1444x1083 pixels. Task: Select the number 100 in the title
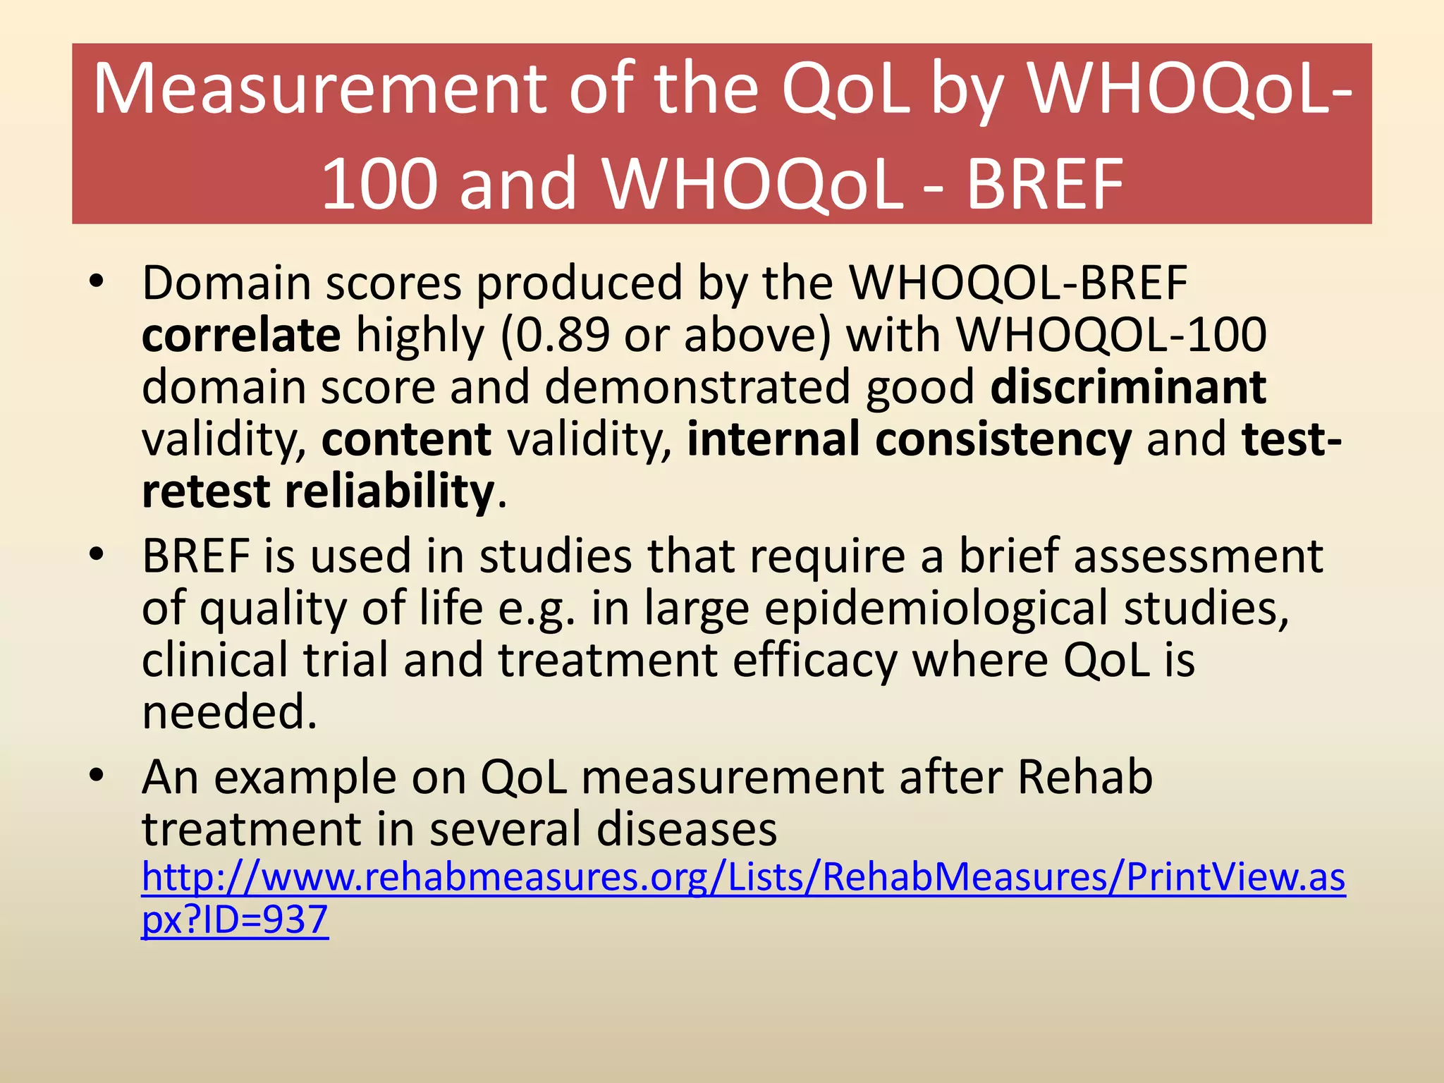(x=378, y=185)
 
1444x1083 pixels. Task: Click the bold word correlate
(x=241, y=335)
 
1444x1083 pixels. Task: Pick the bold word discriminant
(x=1128, y=387)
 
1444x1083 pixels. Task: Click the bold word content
(x=406, y=439)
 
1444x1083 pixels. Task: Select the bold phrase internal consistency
(x=909, y=439)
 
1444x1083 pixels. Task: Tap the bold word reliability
(x=389, y=491)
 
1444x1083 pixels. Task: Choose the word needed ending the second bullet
(x=229, y=712)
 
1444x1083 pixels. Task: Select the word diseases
(x=687, y=829)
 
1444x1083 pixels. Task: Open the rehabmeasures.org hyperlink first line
(x=743, y=878)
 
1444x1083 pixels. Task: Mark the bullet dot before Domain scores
(x=97, y=283)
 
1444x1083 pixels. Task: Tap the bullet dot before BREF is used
(x=97, y=556)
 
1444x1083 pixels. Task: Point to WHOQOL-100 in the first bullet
(x=1111, y=335)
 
